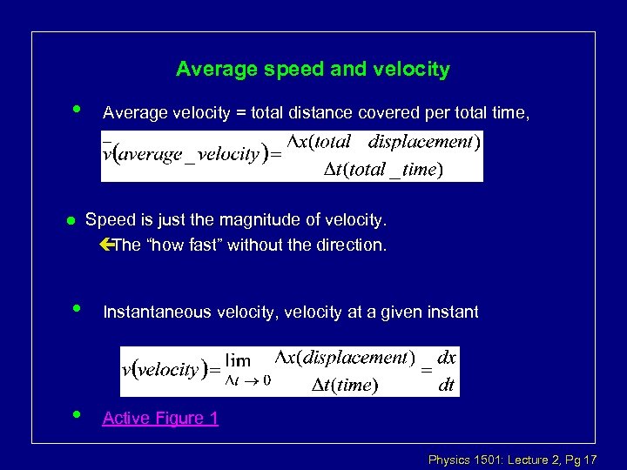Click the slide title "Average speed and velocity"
coord(313,69)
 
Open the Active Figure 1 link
coord(160,419)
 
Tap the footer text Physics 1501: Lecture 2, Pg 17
coord(512,459)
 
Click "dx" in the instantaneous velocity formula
coord(446,358)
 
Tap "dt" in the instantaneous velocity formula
coord(446,385)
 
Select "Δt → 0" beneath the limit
coord(247,380)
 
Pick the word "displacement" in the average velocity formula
coord(420,142)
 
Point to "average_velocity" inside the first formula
coord(190,155)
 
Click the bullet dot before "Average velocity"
coord(78,110)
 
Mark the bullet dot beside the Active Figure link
coord(78,415)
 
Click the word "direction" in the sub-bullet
coord(350,245)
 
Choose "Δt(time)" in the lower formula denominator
coord(345,385)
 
